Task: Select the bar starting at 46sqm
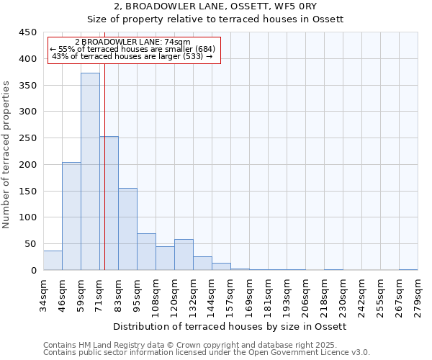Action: point(71,216)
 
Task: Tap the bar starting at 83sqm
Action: point(127,229)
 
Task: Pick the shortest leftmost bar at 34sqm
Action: point(53,261)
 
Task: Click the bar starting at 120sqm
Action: point(184,255)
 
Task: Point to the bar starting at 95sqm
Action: point(146,252)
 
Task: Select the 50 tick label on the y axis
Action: point(30,244)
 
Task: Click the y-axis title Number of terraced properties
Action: point(7,154)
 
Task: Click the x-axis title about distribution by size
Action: point(230,327)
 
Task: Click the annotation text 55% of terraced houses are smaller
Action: point(132,49)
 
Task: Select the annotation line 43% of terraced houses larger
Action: point(132,56)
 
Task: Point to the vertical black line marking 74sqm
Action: point(104,180)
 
